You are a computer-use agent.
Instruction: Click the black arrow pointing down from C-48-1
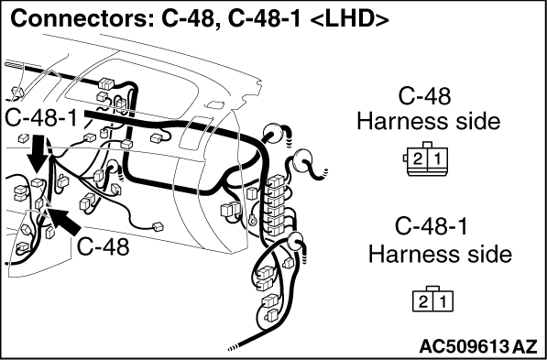tap(38, 155)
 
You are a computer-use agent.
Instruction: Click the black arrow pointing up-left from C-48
tap(66, 221)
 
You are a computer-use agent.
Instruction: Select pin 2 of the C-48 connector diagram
tap(418, 159)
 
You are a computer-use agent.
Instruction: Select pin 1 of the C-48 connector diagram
tap(437, 159)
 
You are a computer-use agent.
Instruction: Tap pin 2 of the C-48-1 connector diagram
tap(422, 301)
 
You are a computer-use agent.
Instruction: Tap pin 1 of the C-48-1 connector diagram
tap(443, 301)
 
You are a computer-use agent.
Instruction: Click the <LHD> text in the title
tap(348, 20)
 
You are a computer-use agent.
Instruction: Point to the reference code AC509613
tap(465, 346)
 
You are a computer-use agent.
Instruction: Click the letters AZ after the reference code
tap(524, 346)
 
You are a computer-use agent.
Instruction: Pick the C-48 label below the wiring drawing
tap(104, 247)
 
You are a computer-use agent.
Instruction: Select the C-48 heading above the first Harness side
tap(424, 96)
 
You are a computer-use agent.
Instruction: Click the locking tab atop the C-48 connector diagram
tap(427, 145)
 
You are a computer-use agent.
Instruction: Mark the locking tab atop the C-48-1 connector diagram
tap(432, 288)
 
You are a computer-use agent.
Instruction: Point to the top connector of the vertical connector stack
tap(277, 181)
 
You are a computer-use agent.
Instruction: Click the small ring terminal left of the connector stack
tap(252, 220)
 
